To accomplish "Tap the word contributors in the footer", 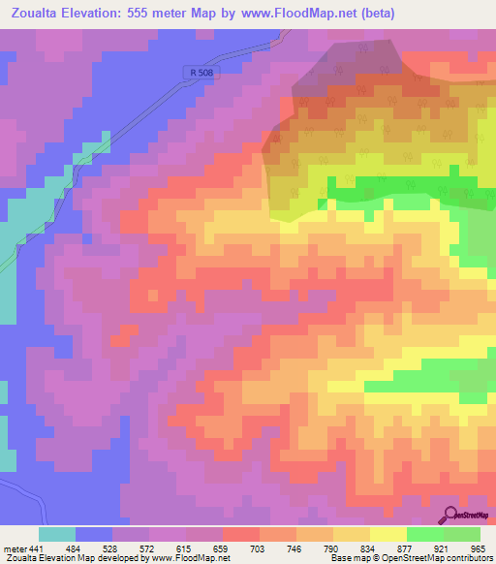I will coord(467,558).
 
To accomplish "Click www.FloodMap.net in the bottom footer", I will coord(190,558).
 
